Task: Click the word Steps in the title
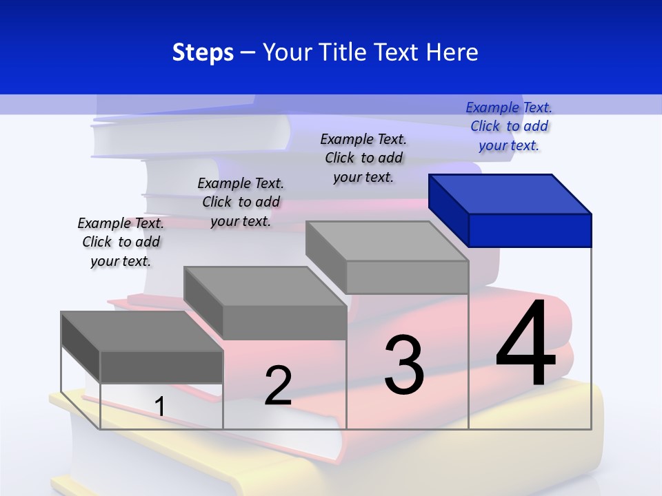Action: click(x=203, y=52)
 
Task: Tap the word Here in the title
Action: click(x=452, y=52)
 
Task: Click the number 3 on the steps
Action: click(x=404, y=365)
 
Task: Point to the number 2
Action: click(x=278, y=385)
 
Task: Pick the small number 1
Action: click(x=159, y=406)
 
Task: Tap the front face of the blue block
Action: click(x=530, y=230)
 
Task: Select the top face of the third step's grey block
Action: click(x=387, y=241)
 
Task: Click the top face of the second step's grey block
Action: click(x=265, y=286)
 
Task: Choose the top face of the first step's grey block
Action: click(x=142, y=331)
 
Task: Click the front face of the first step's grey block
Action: click(x=161, y=366)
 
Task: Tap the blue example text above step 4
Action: click(x=509, y=126)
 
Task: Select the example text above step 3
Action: click(x=363, y=158)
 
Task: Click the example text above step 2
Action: click(x=241, y=202)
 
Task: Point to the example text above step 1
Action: click(x=121, y=242)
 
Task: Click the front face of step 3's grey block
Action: click(x=407, y=277)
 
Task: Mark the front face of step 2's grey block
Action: click(x=284, y=322)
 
